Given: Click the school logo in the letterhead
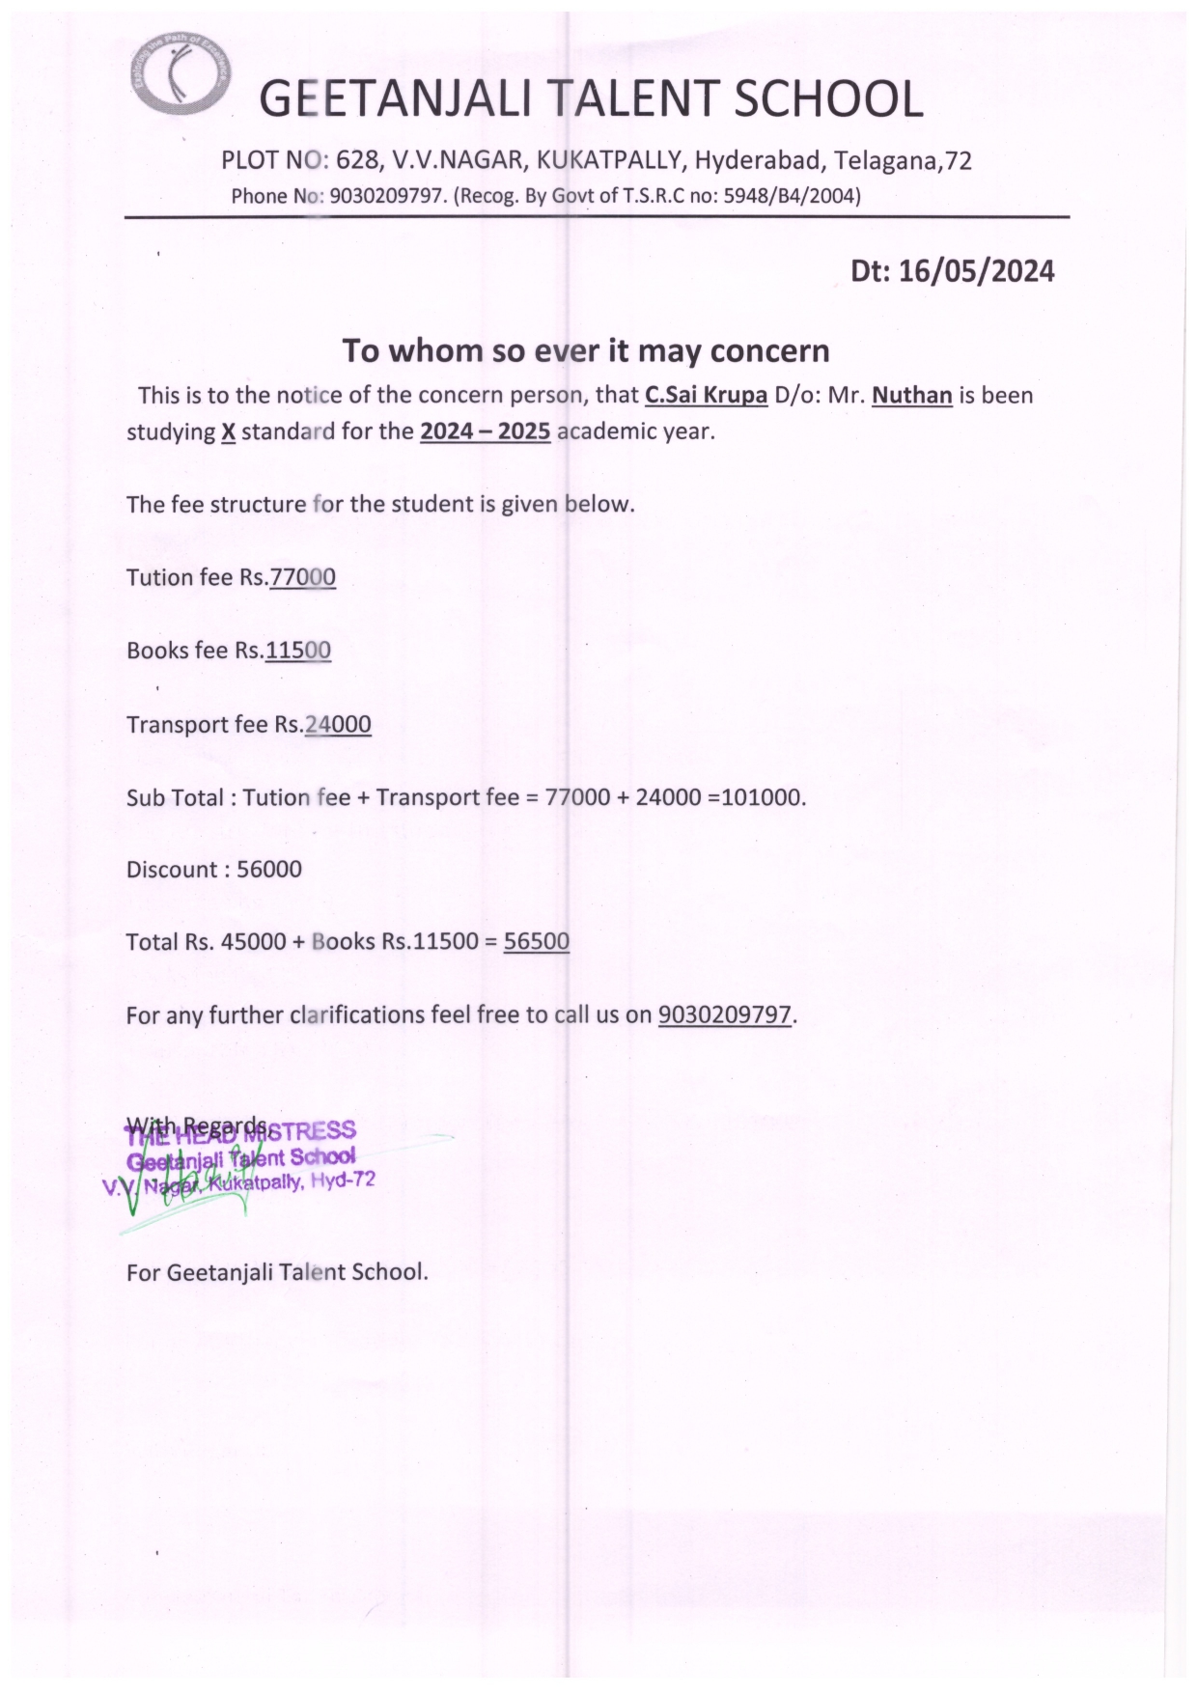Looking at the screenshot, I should tap(180, 75).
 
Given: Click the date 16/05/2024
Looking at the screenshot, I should tap(976, 271).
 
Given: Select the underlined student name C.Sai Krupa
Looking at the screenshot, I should tap(706, 396).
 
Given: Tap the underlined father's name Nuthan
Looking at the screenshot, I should tap(911, 396).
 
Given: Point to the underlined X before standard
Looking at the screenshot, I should tap(228, 431).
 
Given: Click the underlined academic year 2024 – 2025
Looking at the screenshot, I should tap(485, 431).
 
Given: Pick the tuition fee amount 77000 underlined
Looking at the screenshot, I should tap(303, 577).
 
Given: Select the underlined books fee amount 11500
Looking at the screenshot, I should tap(298, 651).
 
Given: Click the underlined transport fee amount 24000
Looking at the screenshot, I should tap(338, 724).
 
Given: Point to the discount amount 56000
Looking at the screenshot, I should tap(269, 870).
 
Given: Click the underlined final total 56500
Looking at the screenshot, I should tap(537, 941).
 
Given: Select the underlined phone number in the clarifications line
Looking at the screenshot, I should tap(725, 1015).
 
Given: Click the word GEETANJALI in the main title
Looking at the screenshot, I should tap(396, 100).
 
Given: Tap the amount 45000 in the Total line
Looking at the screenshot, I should tap(253, 942).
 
